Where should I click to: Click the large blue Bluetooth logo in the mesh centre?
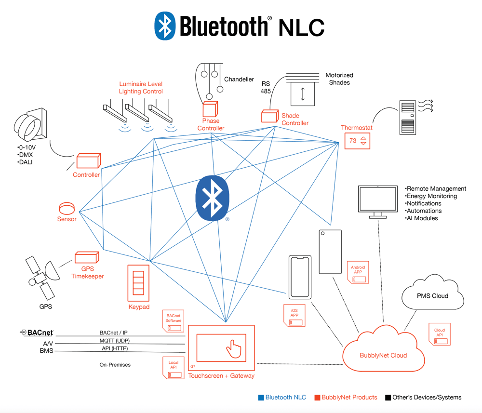coord(213,198)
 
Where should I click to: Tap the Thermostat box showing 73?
coord(357,141)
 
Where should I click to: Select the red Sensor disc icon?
coord(67,208)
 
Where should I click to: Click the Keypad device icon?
coord(138,283)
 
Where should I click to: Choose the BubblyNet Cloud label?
coord(383,355)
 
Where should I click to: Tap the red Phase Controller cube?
coord(210,109)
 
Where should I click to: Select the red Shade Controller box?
coord(270,116)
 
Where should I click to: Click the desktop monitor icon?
coord(378,202)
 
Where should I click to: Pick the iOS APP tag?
coord(294,315)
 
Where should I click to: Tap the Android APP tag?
coord(358,272)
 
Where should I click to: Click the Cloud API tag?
coord(440,334)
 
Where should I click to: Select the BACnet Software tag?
coord(174,321)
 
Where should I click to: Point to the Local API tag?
coord(174,368)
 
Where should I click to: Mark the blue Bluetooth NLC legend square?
coord(261,398)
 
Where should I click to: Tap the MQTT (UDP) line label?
coord(114,341)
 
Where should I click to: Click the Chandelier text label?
coord(239,80)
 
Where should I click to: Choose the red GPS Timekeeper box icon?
coord(87,257)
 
